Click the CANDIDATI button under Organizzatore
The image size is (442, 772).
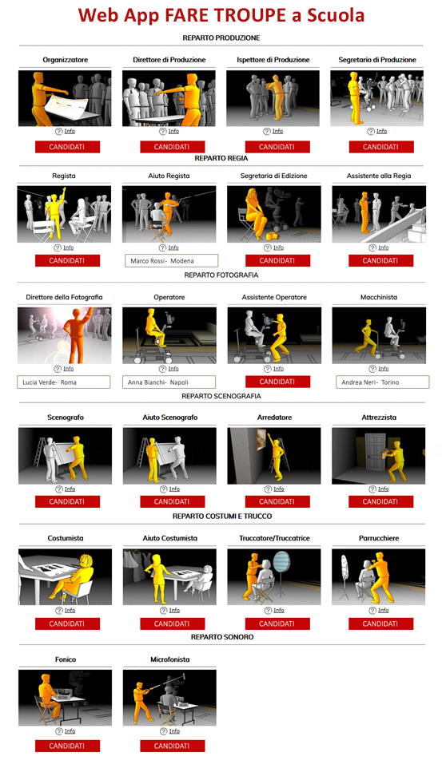point(67,147)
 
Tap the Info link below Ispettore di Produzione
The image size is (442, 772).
point(278,132)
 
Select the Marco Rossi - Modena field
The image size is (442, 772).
point(170,260)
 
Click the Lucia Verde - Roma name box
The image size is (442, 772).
point(64,382)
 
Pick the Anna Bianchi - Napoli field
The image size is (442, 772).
point(169,382)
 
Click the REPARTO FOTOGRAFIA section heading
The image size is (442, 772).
point(221,275)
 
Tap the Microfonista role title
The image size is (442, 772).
point(170,659)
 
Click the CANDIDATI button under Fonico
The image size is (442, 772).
point(67,746)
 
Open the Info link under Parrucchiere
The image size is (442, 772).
point(384,611)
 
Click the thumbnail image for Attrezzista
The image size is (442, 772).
point(378,455)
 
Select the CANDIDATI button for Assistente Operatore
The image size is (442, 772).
point(277,382)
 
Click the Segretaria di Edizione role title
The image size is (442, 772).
point(274,176)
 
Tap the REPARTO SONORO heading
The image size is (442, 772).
point(222,637)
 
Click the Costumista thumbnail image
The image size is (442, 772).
point(65,576)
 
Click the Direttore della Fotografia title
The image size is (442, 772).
point(65,297)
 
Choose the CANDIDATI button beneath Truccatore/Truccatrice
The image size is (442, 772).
point(277,624)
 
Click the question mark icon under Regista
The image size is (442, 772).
point(58,247)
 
